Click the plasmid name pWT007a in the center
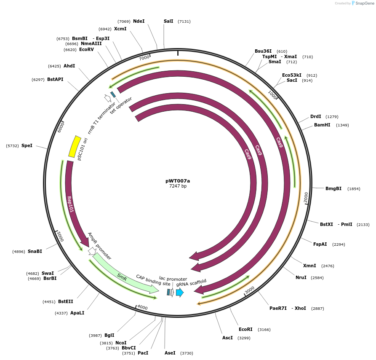178,180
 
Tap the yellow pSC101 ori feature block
75,146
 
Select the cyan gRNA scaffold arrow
180,292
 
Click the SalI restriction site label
168,21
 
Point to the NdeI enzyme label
139,21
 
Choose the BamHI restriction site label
322,125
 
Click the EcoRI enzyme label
245,329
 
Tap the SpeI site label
27,145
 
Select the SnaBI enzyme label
35,251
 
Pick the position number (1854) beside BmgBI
354,188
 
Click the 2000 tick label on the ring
306,196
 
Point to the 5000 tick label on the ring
59,236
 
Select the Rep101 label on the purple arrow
70,204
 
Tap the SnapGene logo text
365,3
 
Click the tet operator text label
121,105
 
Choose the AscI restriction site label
227,338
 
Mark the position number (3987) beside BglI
96,335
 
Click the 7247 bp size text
178,186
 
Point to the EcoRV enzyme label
86,49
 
